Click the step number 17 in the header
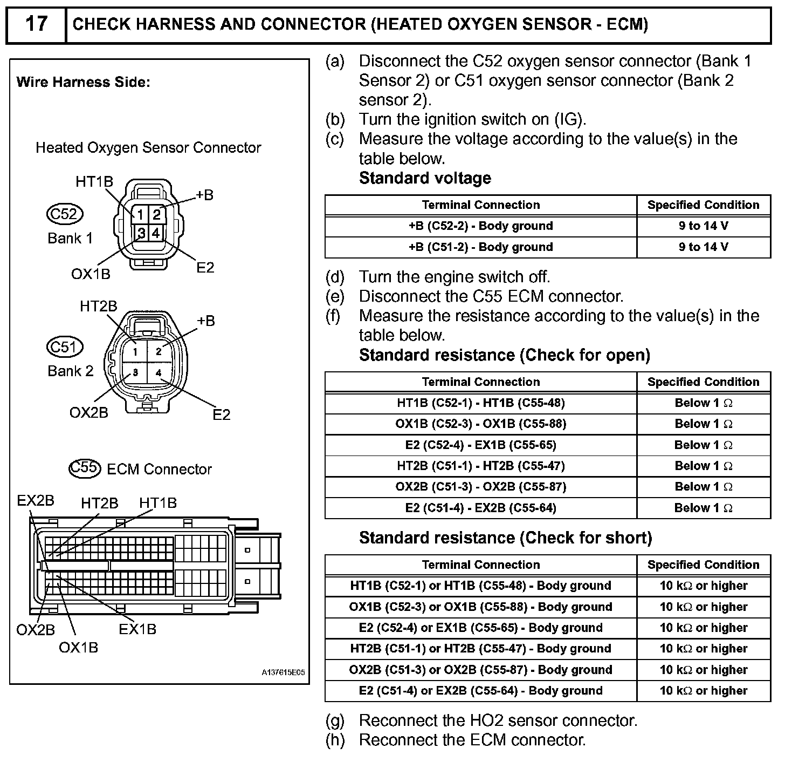coord(36,24)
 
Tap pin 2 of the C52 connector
coord(156,215)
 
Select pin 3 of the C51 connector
coord(135,372)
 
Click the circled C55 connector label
coord(85,468)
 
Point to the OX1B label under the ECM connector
coord(78,647)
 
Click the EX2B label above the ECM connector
coord(36,500)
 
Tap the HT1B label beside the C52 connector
coord(94,182)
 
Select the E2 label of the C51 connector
coord(221,414)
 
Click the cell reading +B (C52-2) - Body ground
coord(480,226)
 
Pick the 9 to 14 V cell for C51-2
coord(703,247)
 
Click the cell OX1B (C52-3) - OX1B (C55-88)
coord(480,424)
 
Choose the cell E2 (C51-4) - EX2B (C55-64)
coord(480,508)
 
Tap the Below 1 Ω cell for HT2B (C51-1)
coord(703,466)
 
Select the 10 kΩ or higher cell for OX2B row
coord(703,670)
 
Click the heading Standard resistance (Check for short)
coord(505,538)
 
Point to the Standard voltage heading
coord(425,178)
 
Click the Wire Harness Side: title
coord(83,82)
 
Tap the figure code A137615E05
coord(283,672)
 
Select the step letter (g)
coord(335,720)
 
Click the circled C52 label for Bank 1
coord(65,214)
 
